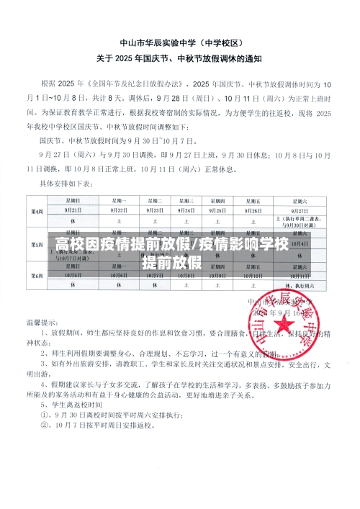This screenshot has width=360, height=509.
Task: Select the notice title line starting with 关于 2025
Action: (181, 57)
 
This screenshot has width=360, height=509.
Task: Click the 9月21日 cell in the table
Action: (71, 189)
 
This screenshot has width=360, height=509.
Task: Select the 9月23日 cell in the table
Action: (155, 189)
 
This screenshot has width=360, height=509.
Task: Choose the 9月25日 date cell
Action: (230, 189)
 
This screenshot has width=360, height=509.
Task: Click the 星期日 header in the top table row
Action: (71, 179)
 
